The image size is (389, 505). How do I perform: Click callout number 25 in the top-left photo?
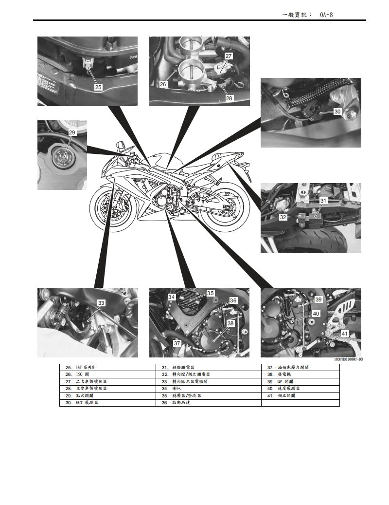[x=98, y=87]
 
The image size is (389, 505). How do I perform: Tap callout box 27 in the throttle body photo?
[x=229, y=56]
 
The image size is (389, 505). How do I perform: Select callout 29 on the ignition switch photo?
[x=72, y=132]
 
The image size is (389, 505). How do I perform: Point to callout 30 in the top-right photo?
[x=337, y=112]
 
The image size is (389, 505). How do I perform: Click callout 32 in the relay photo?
[x=283, y=217]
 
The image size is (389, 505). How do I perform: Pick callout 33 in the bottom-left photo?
[x=101, y=303]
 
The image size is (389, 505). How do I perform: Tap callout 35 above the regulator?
[x=211, y=293]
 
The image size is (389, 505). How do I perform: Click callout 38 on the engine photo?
[x=230, y=323]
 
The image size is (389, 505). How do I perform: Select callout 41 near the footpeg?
[x=344, y=334]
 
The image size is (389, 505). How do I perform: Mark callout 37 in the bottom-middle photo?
[x=177, y=343]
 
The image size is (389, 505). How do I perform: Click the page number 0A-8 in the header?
[x=326, y=15]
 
